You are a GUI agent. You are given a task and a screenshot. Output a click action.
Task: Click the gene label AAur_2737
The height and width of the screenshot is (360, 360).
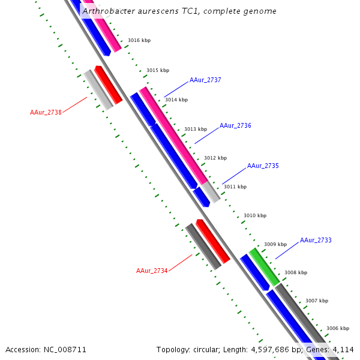coord(205,80)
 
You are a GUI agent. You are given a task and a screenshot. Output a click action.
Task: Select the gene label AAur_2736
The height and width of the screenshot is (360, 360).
coord(235,126)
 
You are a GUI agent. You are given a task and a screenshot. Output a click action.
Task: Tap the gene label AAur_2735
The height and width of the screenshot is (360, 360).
coord(263,166)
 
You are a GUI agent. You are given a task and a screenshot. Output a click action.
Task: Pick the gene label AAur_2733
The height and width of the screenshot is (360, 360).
coord(316,240)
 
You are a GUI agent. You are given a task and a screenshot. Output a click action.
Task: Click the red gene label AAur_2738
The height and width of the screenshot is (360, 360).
coord(46,112)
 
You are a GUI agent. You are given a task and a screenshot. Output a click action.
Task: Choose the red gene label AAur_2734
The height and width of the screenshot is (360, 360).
coord(152,271)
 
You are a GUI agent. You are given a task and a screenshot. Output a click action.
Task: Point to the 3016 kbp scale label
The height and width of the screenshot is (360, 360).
coord(139,40)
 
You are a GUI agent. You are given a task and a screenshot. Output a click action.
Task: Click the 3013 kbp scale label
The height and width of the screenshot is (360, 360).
coord(195,129)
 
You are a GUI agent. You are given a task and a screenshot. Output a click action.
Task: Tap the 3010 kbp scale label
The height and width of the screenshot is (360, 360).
coord(254,215)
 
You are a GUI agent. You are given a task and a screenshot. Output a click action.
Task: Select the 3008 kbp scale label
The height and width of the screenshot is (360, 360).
coord(295,272)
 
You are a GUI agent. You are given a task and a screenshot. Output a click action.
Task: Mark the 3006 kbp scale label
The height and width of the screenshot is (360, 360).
coord(337,328)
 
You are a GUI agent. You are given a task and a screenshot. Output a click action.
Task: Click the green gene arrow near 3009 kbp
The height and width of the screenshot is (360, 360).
coord(264,267)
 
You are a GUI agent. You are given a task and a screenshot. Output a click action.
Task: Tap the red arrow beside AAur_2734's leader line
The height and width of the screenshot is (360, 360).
coord(213,241)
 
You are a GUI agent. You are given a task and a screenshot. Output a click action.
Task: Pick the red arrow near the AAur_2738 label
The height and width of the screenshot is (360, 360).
coord(109,85)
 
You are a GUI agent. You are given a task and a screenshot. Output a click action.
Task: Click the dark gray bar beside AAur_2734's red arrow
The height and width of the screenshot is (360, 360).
coord(203,246)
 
